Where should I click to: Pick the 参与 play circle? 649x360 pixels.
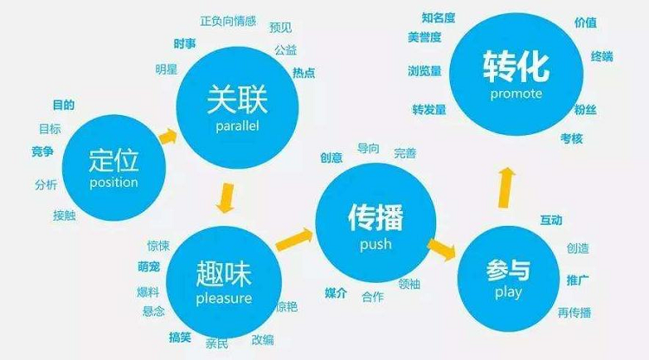pos(508,278)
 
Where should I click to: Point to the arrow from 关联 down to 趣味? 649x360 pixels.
pos(227,196)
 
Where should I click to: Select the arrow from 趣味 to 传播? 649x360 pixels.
pos(294,240)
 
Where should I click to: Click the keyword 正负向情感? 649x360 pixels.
pos(228,20)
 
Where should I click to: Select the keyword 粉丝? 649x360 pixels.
pos(585,109)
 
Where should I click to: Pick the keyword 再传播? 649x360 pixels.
pos(574,312)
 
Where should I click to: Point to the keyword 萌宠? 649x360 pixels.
pos(148,267)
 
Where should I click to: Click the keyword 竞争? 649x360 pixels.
pos(42,152)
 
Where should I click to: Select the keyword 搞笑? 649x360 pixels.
pos(180,336)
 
